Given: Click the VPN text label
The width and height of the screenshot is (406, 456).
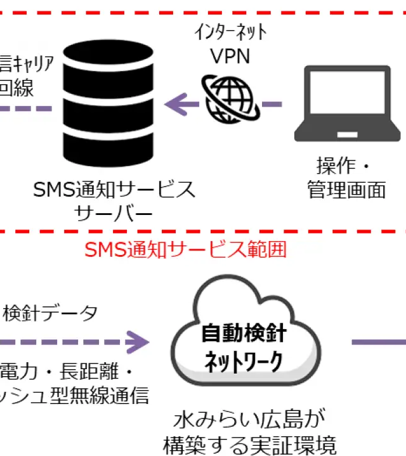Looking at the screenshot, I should click(x=230, y=57).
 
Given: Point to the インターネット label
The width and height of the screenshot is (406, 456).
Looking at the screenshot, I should click(x=230, y=32).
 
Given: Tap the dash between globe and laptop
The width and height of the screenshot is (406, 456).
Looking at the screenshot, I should click(x=272, y=103).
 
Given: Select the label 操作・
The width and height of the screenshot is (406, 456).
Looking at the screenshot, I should click(x=343, y=166).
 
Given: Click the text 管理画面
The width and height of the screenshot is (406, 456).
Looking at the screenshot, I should click(x=346, y=190).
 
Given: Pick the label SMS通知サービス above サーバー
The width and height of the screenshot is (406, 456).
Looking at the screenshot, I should click(x=115, y=189).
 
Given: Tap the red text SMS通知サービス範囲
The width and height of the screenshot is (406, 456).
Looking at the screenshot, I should click(x=185, y=249).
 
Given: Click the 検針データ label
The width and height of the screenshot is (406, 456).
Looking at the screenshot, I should click(x=51, y=313).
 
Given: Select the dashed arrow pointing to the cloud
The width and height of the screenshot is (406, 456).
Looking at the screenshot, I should click(x=76, y=342).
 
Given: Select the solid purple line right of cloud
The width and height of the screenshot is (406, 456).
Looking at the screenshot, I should click(x=379, y=342).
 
